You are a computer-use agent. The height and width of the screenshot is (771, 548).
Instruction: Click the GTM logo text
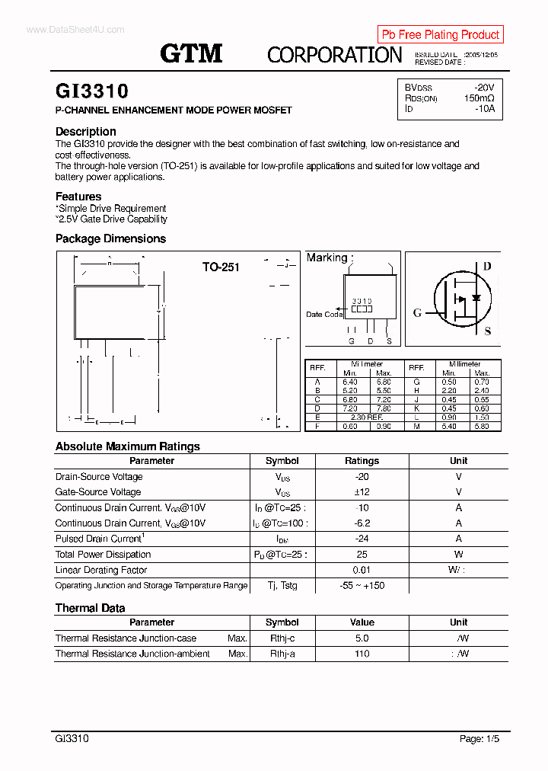tap(191, 53)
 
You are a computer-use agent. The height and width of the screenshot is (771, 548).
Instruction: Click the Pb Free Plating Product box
tap(440, 34)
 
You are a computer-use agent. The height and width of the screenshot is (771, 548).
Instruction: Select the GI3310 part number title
tap(92, 91)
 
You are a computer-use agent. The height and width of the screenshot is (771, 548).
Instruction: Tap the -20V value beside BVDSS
tap(483, 88)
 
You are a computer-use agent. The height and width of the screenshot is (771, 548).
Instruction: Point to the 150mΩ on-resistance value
tap(479, 98)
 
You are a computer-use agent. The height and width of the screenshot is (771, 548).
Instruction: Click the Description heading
tap(86, 131)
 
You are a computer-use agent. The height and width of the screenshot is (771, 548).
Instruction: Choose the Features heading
tap(78, 197)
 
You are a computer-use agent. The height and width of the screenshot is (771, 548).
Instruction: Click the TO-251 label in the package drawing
tap(221, 267)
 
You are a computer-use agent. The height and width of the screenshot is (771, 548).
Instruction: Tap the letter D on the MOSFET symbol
tap(487, 266)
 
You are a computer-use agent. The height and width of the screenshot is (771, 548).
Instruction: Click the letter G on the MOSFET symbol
tap(417, 313)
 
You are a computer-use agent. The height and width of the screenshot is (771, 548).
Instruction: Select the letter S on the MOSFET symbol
tap(488, 331)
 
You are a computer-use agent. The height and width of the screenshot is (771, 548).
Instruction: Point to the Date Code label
tap(324, 315)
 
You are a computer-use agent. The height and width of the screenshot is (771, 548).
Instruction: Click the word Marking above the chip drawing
tap(327, 258)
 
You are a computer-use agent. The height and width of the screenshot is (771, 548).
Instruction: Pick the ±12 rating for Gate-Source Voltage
tap(362, 492)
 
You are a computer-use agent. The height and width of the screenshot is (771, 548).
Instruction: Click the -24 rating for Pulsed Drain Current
tap(362, 539)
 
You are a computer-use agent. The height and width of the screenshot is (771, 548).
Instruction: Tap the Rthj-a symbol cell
tap(282, 654)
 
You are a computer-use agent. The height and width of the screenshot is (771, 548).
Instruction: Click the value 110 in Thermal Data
tap(362, 654)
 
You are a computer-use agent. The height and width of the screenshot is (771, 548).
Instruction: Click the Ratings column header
tap(362, 461)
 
